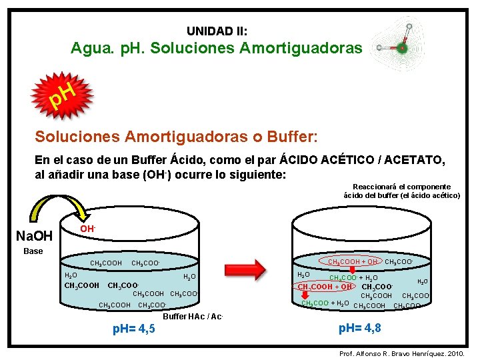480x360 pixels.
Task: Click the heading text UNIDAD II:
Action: coord(217,31)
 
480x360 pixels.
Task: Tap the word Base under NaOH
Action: coord(33,251)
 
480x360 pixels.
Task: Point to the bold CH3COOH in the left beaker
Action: coord(81,286)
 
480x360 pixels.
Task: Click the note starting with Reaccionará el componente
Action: coord(401,191)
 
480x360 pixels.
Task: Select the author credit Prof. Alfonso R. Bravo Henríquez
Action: coord(399,351)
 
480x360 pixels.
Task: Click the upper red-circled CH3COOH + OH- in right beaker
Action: coord(353,261)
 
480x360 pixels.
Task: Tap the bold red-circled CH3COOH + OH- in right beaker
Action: coord(325,287)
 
